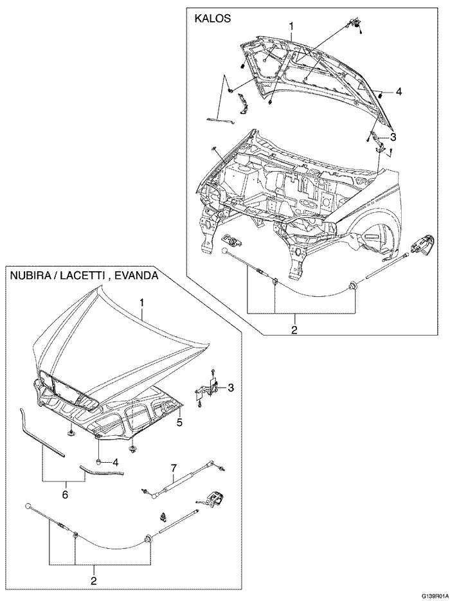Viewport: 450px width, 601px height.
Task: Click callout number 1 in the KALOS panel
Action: tap(291, 26)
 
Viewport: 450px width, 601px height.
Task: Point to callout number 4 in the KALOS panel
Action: tap(399, 92)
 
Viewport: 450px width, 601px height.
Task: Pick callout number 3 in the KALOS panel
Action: tap(393, 136)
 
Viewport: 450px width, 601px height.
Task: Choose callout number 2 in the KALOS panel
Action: tap(294, 330)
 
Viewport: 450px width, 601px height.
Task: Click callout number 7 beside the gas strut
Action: tap(173, 467)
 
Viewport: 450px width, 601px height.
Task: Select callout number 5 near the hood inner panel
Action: tap(180, 422)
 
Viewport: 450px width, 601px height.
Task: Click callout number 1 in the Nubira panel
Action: tap(142, 301)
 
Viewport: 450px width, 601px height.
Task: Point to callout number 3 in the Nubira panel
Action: tap(230, 388)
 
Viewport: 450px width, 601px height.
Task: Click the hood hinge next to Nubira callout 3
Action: tap(209, 388)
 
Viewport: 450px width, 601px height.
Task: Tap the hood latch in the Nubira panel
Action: tap(214, 499)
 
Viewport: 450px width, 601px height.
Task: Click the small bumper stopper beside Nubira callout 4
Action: tap(98, 461)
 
